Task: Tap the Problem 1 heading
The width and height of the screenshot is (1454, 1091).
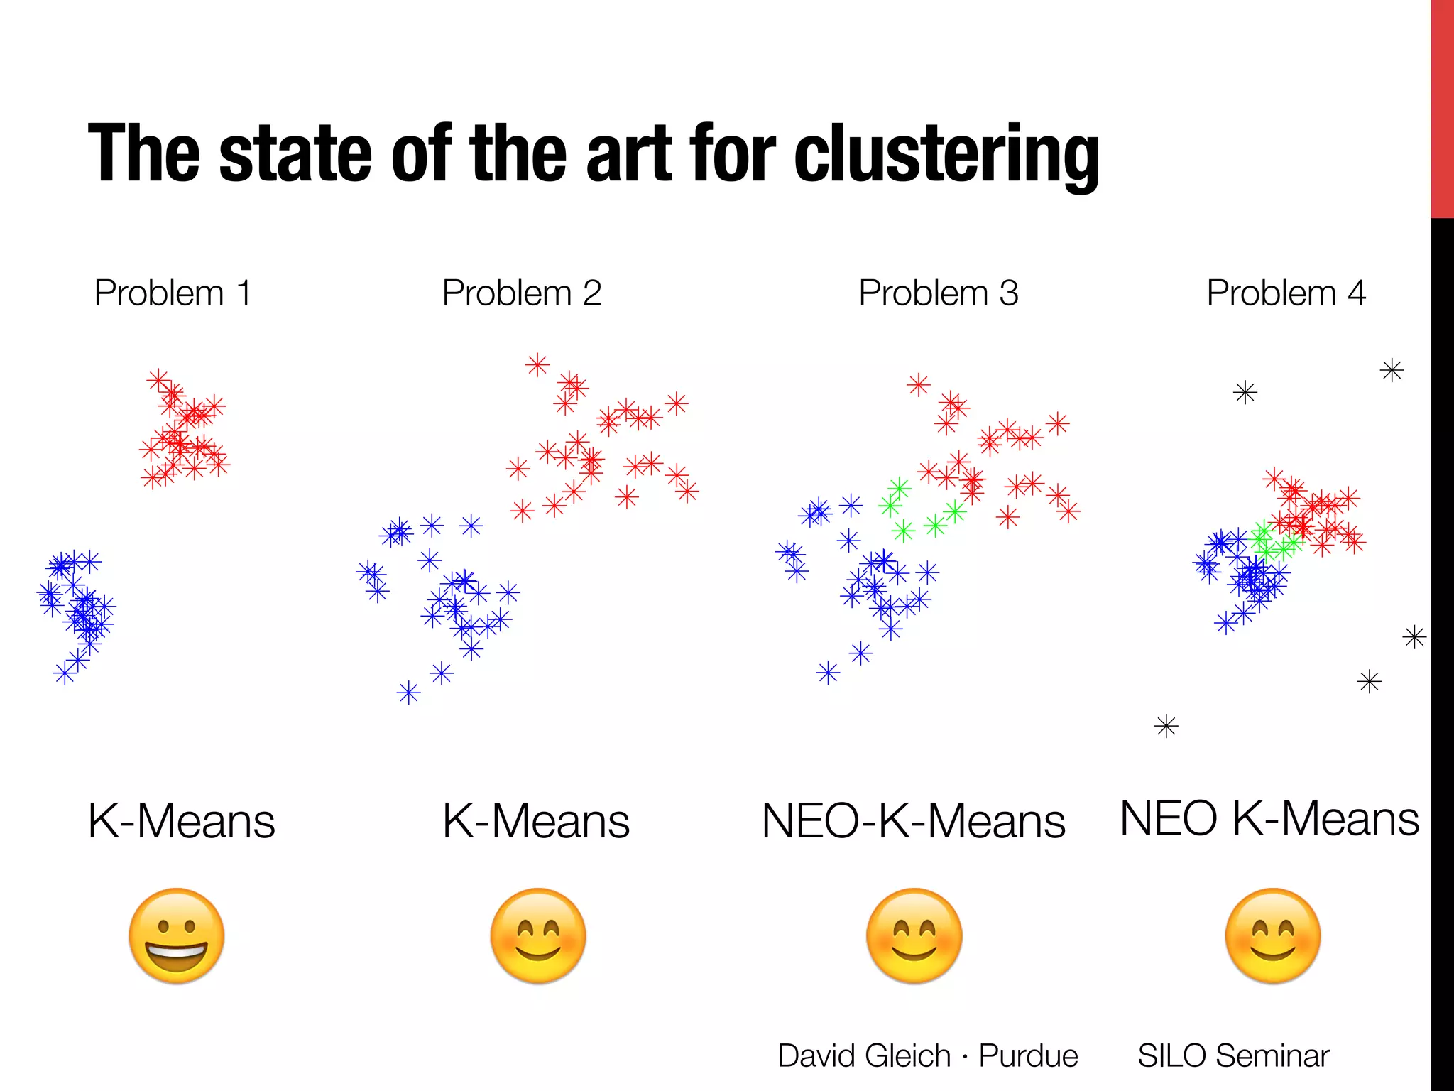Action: (x=173, y=293)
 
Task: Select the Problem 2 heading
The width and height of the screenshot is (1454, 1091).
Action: (x=522, y=293)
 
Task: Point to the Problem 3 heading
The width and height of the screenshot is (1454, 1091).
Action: (x=939, y=293)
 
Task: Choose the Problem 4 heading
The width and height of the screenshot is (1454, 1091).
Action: (x=1286, y=293)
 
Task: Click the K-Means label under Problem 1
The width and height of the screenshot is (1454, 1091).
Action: (x=181, y=822)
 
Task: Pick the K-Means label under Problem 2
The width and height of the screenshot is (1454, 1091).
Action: (x=536, y=822)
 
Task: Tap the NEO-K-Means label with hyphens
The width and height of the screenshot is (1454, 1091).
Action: (x=913, y=822)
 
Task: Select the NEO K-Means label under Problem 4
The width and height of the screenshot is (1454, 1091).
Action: (x=1269, y=819)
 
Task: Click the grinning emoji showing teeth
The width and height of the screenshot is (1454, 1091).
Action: (x=177, y=936)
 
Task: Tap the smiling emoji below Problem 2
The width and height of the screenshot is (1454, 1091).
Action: (x=538, y=936)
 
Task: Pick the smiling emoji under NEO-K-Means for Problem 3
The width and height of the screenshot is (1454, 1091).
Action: (x=914, y=936)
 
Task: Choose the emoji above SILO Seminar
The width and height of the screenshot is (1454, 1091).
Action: (x=1273, y=936)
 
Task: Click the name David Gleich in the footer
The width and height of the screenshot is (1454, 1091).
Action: (x=864, y=1056)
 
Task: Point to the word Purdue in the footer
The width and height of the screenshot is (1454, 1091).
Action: (x=1028, y=1056)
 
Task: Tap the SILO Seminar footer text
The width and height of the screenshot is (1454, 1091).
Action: (x=1233, y=1056)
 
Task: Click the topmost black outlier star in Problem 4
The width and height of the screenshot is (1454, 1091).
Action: (x=1392, y=371)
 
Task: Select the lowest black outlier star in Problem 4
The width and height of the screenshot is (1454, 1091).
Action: (x=1166, y=727)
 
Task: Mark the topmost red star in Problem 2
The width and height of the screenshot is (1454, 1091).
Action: (x=537, y=365)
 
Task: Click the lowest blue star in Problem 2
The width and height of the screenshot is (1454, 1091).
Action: (x=409, y=693)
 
